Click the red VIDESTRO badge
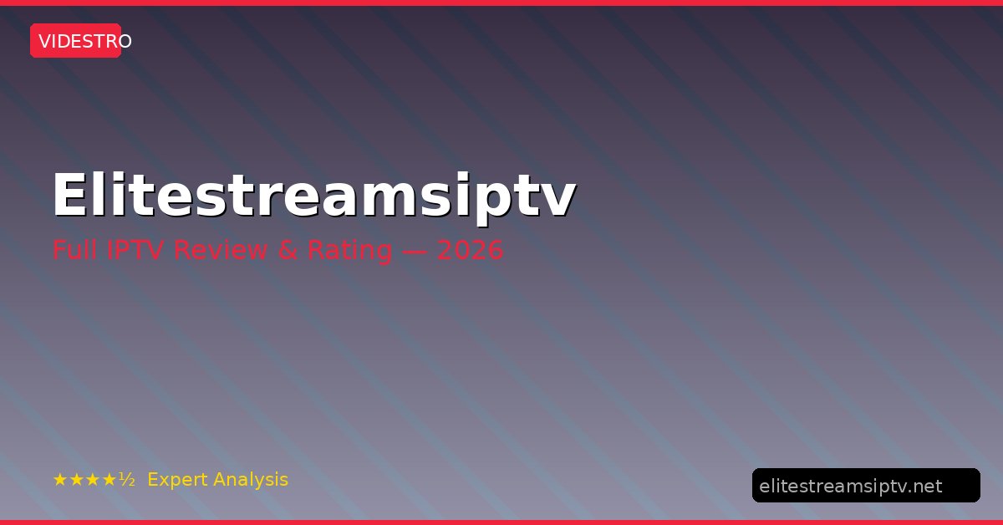pyautogui.click(x=76, y=41)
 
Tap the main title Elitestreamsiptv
pyautogui.click(x=314, y=197)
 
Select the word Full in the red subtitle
pyautogui.click(x=74, y=249)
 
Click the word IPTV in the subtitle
pyautogui.click(x=135, y=249)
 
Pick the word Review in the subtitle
pyautogui.click(x=221, y=249)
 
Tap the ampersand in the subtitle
pyautogui.click(x=288, y=249)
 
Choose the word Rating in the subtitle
pyautogui.click(x=349, y=251)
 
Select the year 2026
pyautogui.click(x=470, y=249)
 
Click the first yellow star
pyautogui.click(x=60, y=480)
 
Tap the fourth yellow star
pyautogui.click(x=109, y=480)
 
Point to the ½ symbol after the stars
pyautogui.click(x=127, y=479)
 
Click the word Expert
pyautogui.click(x=176, y=480)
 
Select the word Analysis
pyautogui.click(x=251, y=480)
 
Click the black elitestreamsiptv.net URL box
pyautogui.click(x=866, y=486)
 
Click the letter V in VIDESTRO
pyautogui.click(x=44, y=42)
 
